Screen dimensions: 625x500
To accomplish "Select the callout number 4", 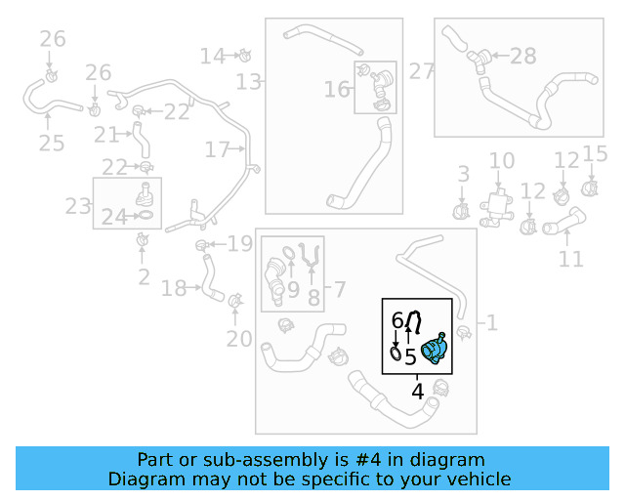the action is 417,393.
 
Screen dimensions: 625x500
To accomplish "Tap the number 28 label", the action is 523,57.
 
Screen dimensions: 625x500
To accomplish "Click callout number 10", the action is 501,161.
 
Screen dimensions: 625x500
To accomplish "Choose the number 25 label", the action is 51,144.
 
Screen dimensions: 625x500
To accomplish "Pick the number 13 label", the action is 249,81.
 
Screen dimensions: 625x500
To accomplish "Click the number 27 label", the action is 421,71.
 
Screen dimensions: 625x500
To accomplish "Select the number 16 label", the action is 337,90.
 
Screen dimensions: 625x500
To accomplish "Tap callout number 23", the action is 77,206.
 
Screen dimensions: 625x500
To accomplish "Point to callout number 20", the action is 238,340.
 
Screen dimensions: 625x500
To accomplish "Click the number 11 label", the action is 570,259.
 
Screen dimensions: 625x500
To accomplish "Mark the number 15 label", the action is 595,153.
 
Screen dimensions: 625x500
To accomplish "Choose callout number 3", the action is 463,175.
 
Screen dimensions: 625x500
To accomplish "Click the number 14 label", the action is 212,56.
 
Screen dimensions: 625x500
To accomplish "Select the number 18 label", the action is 173,288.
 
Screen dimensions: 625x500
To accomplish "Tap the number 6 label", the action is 396,320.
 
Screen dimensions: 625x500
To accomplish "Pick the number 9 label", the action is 292,289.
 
